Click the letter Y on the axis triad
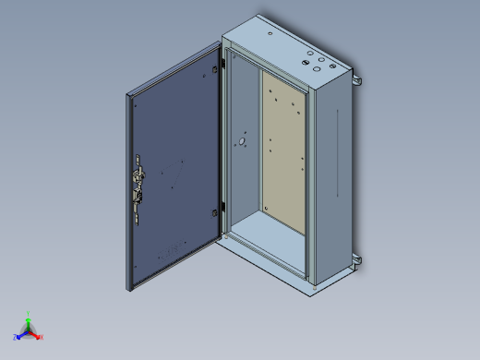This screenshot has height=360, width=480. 30,313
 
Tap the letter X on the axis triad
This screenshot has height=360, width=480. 42,337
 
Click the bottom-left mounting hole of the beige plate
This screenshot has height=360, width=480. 267,211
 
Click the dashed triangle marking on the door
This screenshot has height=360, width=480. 171,172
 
